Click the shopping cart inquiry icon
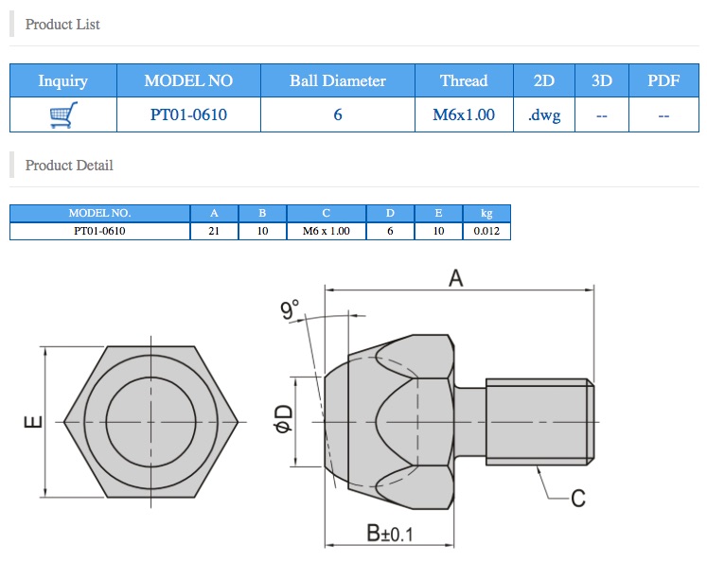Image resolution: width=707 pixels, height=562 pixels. (x=62, y=115)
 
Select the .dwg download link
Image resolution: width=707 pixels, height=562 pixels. (x=544, y=115)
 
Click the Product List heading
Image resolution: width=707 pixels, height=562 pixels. (x=62, y=24)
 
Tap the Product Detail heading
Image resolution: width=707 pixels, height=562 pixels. (x=69, y=165)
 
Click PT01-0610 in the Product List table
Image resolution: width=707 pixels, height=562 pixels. (x=188, y=115)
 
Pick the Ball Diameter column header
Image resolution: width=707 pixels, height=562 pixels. (x=338, y=80)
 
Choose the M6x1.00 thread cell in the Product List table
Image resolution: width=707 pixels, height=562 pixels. (x=464, y=115)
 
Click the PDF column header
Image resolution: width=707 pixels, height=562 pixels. (x=663, y=80)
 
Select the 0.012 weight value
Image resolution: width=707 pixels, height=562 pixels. (x=486, y=231)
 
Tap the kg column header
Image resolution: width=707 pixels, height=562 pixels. (x=486, y=213)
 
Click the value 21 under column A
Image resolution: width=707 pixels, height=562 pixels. (x=215, y=231)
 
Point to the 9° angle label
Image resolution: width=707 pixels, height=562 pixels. (x=290, y=308)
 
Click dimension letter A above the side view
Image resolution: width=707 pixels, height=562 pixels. (x=455, y=277)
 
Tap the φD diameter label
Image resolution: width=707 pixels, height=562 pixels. (x=282, y=417)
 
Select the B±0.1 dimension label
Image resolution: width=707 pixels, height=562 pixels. (x=390, y=534)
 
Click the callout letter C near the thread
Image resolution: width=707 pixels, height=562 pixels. (x=578, y=498)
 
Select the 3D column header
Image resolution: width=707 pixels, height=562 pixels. (x=602, y=80)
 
